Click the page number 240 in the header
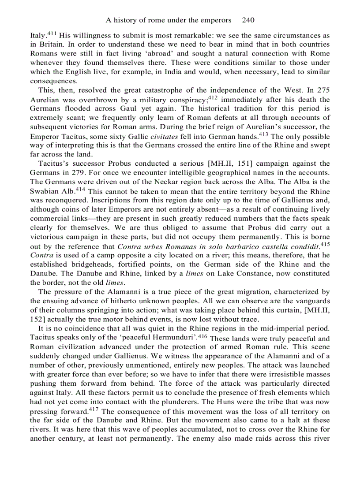coord(248,20)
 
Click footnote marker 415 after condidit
coord(325,244)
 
